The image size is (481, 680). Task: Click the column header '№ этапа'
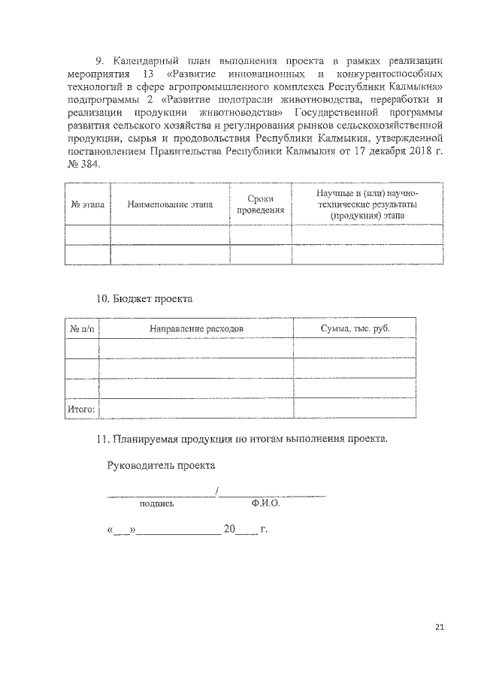(87, 204)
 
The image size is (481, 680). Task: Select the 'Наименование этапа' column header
(170, 204)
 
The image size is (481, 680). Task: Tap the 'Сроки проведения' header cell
(260, 204)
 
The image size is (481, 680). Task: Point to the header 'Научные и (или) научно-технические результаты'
(366, 204)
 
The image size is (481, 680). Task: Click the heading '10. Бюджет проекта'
(144, 299)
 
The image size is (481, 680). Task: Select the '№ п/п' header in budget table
(82, 328)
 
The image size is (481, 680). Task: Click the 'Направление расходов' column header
(196, 328)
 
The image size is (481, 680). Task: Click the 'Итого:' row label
(81, 409)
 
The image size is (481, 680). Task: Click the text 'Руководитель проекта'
(162, 466)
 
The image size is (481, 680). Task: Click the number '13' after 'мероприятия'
(147, 75)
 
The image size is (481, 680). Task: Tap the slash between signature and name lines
(216, 493)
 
